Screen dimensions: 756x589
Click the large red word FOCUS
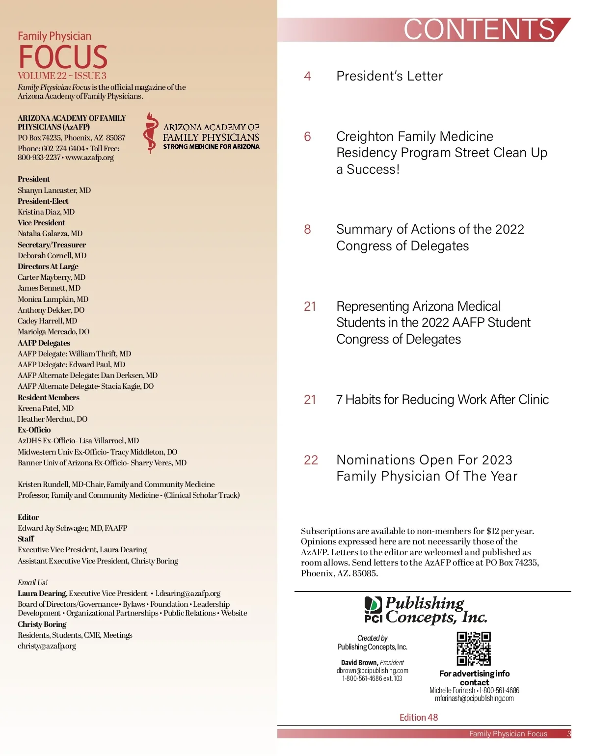(63, 57)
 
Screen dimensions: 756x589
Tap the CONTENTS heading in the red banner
(479, 30)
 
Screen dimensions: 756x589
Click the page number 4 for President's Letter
(307, 76)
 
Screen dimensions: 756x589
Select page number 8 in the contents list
(307, 229)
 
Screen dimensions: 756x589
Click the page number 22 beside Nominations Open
(311, 460)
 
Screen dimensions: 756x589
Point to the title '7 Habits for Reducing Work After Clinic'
(442, 400)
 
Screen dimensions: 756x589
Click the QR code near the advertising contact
(474, 649)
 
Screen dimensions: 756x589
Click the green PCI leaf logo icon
(373, 604)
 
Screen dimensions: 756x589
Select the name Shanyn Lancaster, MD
(54, 190)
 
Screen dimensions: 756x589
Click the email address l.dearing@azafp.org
(188, 594)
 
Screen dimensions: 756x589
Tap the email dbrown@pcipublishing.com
(372, 671)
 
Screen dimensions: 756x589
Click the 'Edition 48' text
(418, 717)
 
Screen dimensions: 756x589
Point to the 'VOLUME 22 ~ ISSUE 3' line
(62, 76)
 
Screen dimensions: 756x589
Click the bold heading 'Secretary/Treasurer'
(52, 244)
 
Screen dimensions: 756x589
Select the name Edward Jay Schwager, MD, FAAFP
(72, 528)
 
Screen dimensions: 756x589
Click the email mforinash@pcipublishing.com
(474, 699)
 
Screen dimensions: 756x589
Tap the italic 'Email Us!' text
(32, 582)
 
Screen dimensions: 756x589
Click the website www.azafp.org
(89, 158)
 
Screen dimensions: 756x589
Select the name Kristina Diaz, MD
(46, 212)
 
